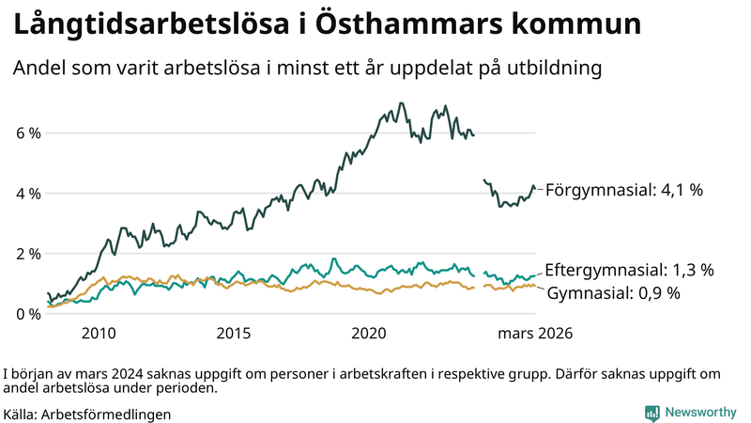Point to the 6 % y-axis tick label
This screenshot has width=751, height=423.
(28, 133)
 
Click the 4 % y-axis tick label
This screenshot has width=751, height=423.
(28, 194)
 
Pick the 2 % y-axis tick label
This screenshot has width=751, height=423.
(28, 254)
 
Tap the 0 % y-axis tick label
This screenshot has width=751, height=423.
(28, 314)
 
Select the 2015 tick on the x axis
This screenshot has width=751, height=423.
(234, 334)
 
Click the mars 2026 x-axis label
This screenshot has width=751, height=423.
(534, 334)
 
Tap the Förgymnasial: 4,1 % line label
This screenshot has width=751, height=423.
(623, 190)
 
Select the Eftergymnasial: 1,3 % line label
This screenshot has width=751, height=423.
(629, 270)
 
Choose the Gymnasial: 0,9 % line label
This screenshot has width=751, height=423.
(614, 293)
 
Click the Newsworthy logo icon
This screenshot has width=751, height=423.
(651, 412)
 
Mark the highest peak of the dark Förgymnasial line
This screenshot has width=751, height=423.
(402, 103)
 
